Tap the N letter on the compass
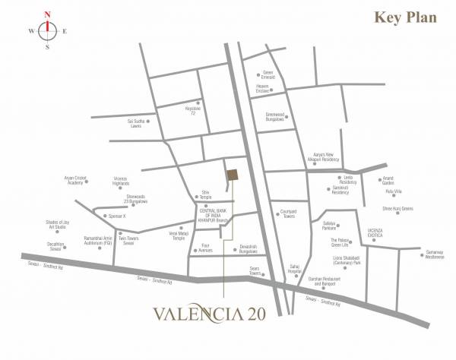48,14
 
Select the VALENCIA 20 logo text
216,314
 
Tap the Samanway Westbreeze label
434,256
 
